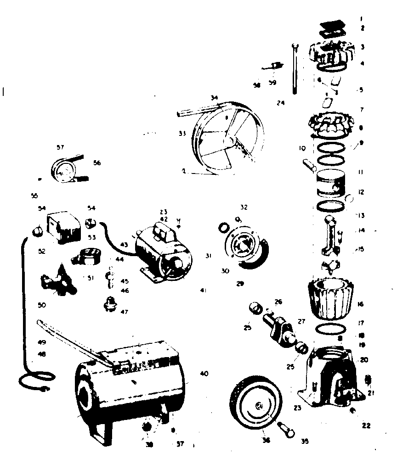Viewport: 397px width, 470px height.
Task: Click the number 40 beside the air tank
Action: click(x=204, y=374)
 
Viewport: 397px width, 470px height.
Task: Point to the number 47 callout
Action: click(x=124, y=312)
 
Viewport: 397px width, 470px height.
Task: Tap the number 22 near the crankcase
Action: click(x=366, y=425)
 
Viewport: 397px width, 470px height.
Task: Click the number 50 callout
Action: click(x=42, y=305)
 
